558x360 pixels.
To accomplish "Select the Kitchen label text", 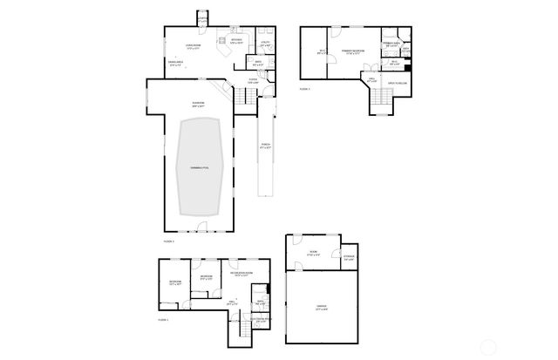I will pyautogui.click(x=236, y=39).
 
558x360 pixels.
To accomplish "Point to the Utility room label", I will pyautogui.click(x=264, y=44).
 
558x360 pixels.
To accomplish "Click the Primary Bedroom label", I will pyautogui.click(x=353, y=51).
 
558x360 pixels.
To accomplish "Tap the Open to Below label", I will pyautogui.click(x=398, y=84).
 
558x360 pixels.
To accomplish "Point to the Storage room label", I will pyautogui.click(x=349, y=256).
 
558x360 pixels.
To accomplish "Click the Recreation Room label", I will pyautogui.click(x=242, y=275).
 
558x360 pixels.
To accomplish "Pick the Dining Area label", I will pyautogui.click(x=176, y=62).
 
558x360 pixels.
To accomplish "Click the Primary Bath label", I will pyautogui.click(x=392, y=44).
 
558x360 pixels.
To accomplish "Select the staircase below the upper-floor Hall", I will pyautogui.click(x=379, y=102).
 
